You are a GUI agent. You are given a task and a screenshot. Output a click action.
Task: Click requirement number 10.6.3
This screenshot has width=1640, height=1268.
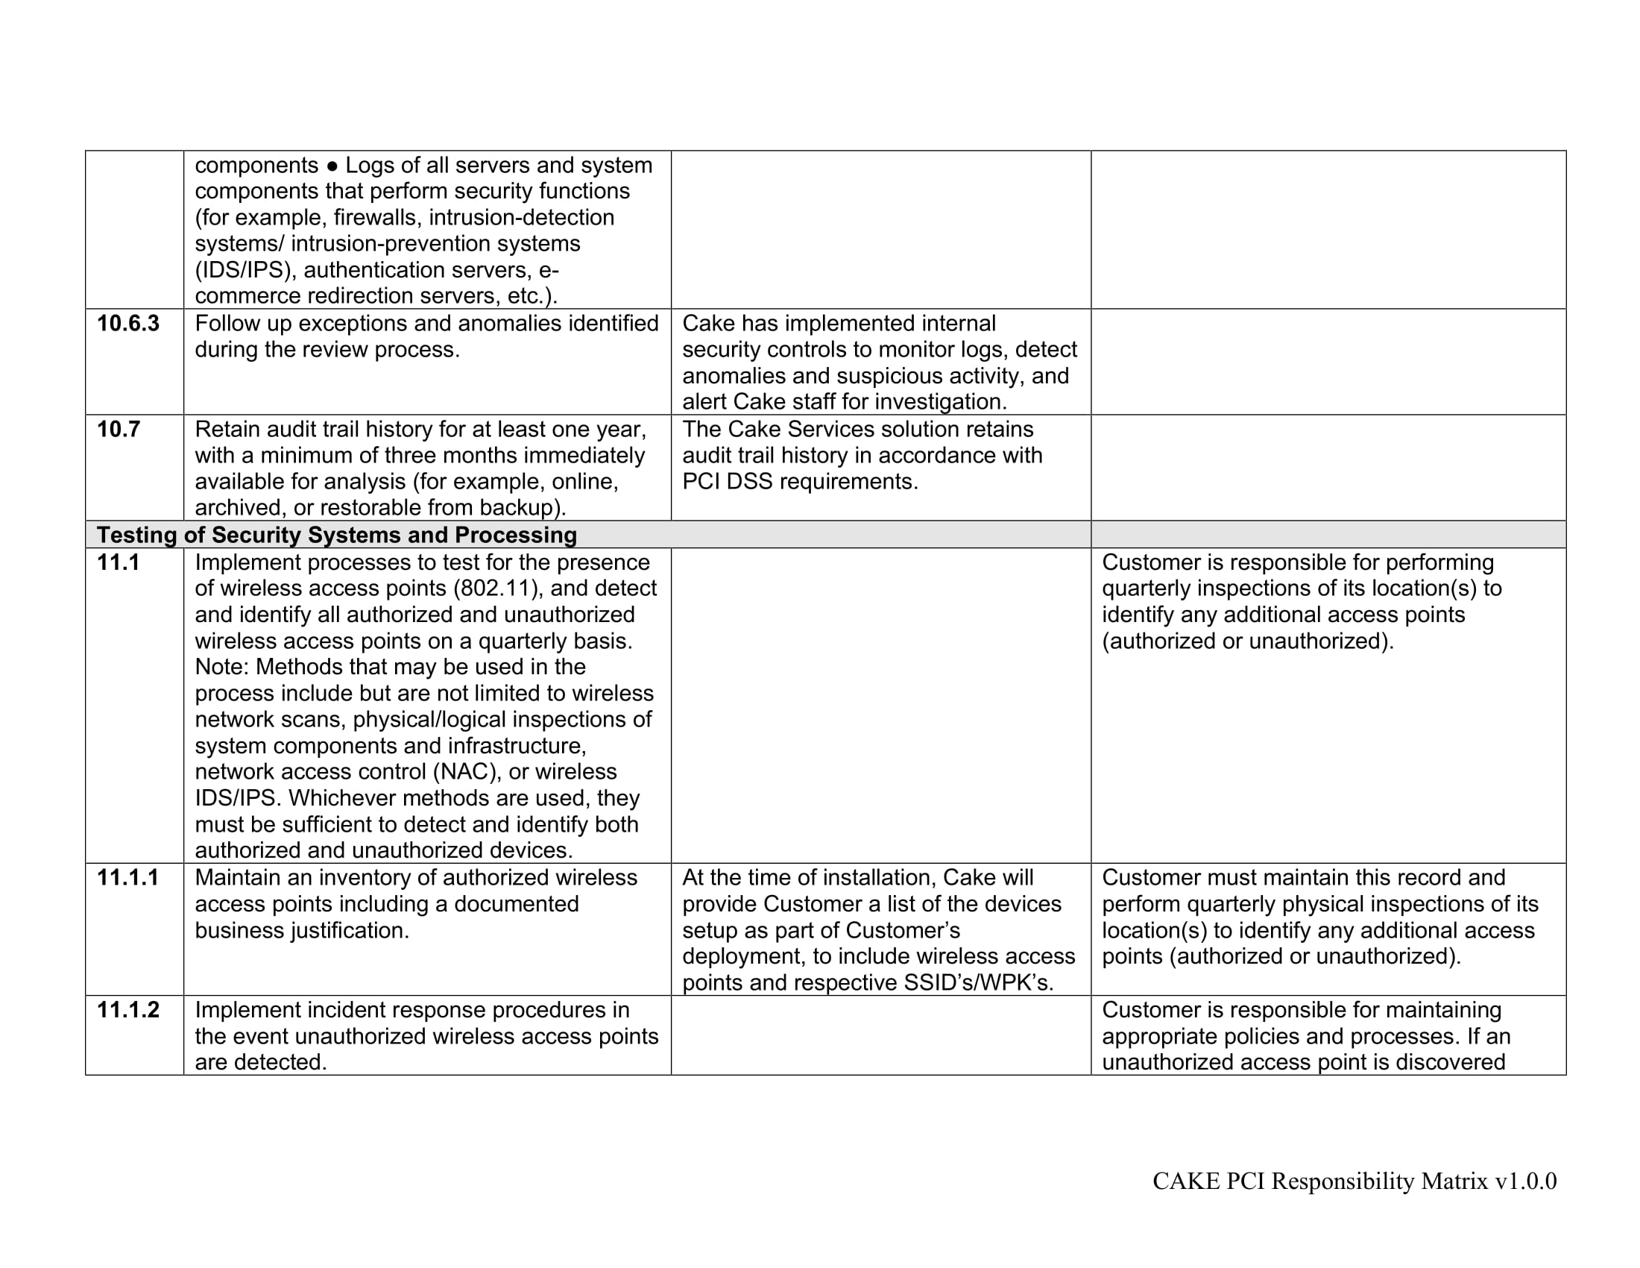point(127,324)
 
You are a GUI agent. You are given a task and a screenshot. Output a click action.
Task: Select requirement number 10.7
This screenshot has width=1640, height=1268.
point(118,430)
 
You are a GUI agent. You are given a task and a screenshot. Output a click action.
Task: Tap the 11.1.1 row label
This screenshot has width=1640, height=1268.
point(127,877)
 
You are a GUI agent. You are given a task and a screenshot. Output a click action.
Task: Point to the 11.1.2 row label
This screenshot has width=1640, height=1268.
point(127,1010)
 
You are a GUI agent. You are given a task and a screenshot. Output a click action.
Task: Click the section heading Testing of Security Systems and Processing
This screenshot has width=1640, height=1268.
point(336,535)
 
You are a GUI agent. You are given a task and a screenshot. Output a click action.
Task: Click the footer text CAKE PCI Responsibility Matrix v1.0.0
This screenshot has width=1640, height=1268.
point(1354,1181)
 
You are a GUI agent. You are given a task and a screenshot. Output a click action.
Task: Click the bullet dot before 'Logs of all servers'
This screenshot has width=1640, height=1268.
point(332,166)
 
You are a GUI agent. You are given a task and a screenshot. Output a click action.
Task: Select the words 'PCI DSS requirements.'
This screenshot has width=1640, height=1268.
point(800,482)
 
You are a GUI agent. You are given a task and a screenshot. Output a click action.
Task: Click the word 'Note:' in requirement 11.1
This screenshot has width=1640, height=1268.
point(222,667)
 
